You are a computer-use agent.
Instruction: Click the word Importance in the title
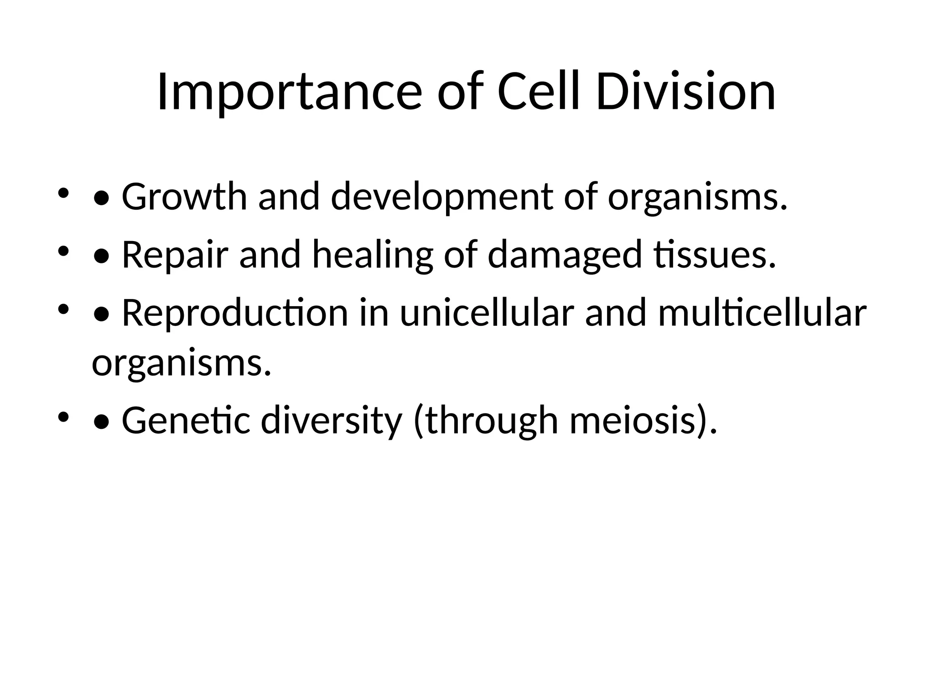pos(289,93)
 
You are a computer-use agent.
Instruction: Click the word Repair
pos(175,255)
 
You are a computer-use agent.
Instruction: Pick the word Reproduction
pos(235,314)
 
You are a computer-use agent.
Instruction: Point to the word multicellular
pos(762,314)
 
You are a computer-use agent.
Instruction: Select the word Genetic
pos(186,421)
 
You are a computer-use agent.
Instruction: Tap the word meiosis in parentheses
pos(636,421)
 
